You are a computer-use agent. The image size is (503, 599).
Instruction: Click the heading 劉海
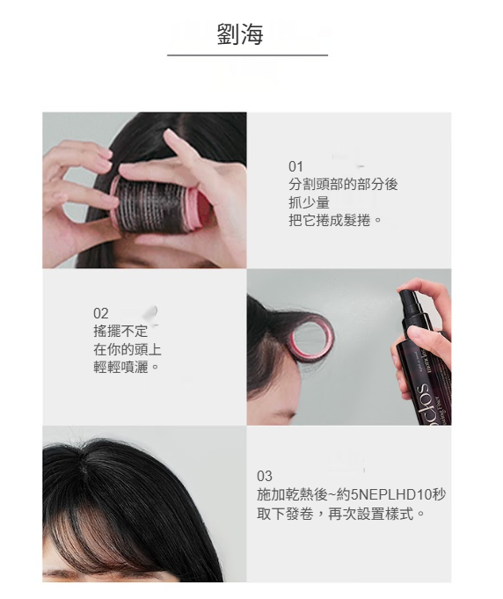(240, 34)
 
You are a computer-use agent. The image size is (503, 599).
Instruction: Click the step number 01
(295, 166)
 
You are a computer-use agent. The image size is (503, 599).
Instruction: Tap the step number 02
(101, 313)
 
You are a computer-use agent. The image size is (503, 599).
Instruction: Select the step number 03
(265, 477)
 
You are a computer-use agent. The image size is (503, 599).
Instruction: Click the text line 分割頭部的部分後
(343, 185)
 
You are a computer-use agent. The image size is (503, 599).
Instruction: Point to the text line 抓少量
(309, 202)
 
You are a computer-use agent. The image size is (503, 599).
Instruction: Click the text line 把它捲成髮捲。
(335, 221)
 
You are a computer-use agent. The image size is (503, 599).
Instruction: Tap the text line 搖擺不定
(120, 331)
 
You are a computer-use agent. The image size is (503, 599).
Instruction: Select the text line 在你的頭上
(128, 349)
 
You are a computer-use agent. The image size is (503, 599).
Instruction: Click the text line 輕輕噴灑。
(126, 367)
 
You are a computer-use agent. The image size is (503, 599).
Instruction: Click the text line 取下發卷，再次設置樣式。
(340, 514)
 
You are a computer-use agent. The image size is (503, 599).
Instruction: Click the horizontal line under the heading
(247, 55)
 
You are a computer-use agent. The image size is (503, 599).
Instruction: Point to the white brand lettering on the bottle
(425, 404)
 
